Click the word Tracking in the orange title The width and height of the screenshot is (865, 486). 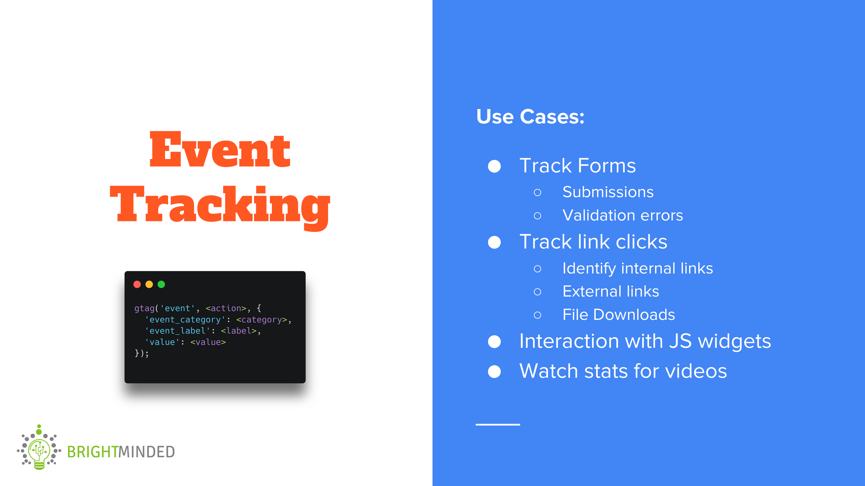click(x=220, y=205)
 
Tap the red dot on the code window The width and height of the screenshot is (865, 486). click(x=137, y=284)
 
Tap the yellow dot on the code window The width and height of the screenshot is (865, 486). click(x=149, y=284)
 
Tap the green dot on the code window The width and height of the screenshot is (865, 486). click(x=161, y=284)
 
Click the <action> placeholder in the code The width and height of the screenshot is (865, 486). click(x=226, y=308)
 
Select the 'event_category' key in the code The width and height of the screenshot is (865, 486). click(x=185, y=320)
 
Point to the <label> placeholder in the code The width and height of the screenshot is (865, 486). click(x=239, y=331)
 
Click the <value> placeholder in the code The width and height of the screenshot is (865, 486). click(x=208, y=342)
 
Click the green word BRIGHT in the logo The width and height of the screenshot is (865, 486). click(x=93, y=452)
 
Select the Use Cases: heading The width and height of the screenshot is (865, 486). click(x=530, y=117)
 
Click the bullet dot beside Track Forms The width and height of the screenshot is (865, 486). click(x=494, y=166)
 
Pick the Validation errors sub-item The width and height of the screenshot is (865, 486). click(x=623, y=215)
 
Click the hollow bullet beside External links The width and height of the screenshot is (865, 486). click(x=537, y=292)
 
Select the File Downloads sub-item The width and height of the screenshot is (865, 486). click(x=618, y=315)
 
